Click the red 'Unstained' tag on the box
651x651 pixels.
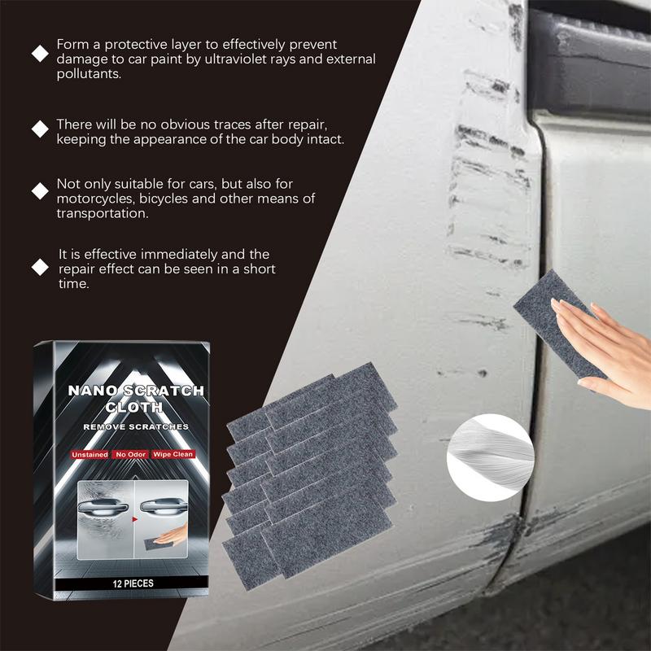(89, 454)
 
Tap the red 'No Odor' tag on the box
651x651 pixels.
(129, 454)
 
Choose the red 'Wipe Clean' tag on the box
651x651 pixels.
(172, 454)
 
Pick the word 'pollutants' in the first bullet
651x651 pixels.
(89, 74)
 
